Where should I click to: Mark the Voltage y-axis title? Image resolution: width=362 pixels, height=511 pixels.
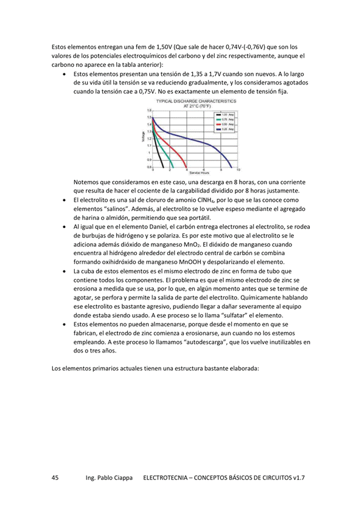click(143, 139)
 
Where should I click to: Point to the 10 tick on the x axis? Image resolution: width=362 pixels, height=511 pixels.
click(238, 170)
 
